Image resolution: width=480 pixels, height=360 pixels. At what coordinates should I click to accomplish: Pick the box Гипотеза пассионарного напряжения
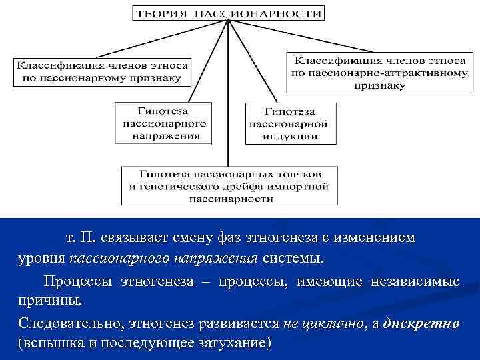click(164, 123)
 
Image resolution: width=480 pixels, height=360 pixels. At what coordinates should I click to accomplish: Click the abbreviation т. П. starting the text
click(79, 238)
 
